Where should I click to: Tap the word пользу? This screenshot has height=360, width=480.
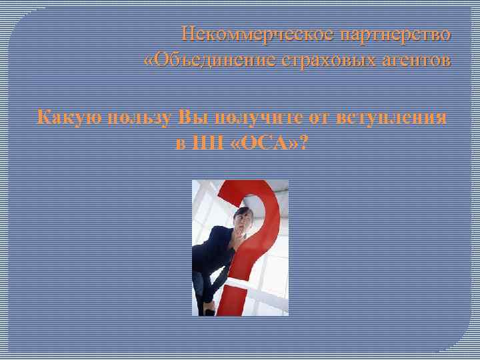pos(137,118)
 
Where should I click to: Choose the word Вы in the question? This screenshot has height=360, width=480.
pos(191,118)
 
